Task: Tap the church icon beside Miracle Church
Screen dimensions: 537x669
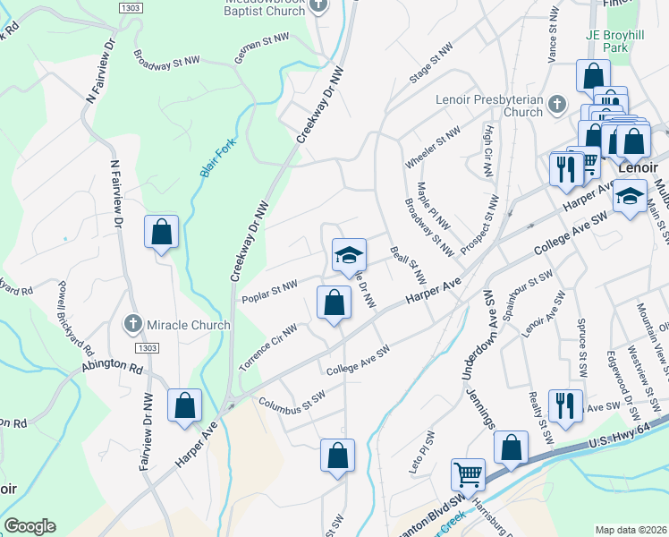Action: point(133,322)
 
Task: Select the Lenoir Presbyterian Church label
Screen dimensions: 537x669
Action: point(489,106)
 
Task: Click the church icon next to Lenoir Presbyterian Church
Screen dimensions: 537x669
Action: point(555,105)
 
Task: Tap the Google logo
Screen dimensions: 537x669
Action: point(30,526)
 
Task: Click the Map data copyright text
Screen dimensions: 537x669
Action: point(631,530)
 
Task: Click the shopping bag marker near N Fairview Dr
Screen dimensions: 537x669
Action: point(161,233)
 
